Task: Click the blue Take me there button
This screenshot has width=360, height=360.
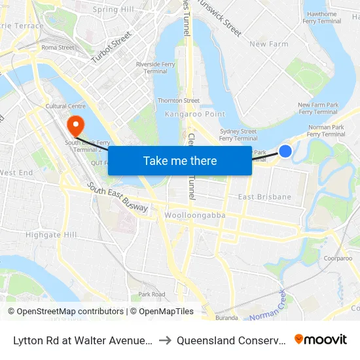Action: (180, 161)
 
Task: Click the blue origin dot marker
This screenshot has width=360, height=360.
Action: (285, 151)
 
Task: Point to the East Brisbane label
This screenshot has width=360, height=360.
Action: (264, 197)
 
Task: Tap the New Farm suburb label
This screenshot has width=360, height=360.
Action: (269, 45)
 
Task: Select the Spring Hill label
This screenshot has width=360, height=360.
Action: (113, 10)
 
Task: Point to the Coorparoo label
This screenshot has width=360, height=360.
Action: (338, 259)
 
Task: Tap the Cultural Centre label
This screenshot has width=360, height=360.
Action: (65, 106)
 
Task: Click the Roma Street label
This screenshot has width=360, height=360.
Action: (58, 48)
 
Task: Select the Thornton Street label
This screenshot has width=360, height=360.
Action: (179, 101)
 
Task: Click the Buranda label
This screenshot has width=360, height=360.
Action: (226, 317)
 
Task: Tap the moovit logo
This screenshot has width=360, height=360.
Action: (321, 339)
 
